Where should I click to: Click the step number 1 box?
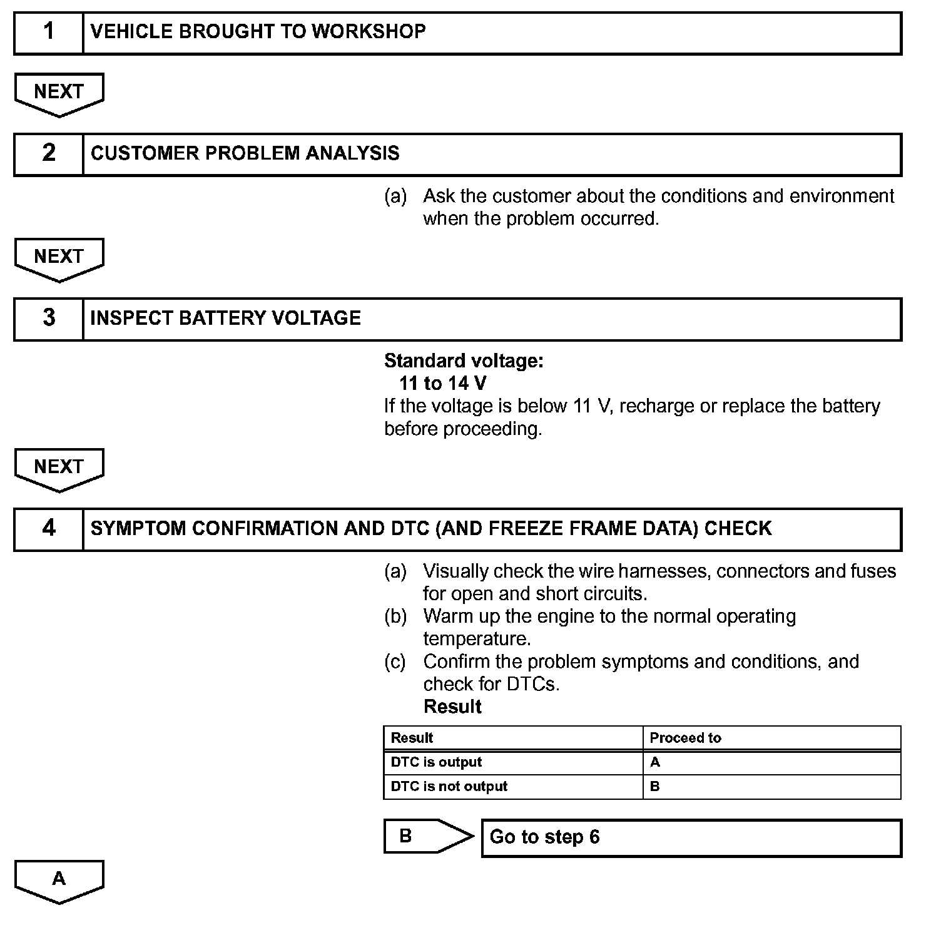click(x=49, y=32)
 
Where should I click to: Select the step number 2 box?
click(x=49, y=154)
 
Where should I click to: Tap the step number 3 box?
click(x=49, y=319)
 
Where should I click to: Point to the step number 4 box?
click(x=49, y=529)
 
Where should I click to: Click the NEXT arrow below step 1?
click(x=59, y=93)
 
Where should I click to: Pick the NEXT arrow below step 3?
click(x=59, y=468)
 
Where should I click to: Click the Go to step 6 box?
click(x=691, y=837)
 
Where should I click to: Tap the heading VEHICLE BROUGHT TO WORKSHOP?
click(x=258, y=32)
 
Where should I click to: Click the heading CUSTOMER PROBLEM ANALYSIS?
click(x=245, y=154)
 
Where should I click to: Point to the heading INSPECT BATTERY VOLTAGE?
click(x=225, y=319)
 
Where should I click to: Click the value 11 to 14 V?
click(x=442, y=383)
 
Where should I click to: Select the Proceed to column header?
click(x=685, y=738)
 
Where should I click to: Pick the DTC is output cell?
click(x=436, y=762)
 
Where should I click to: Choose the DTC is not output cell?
click(x=449, y=787)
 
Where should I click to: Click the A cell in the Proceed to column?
click(x=655, y=762)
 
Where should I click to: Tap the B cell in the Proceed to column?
click(x=655, y=787)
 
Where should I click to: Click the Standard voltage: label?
click(x=464, y=360)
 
